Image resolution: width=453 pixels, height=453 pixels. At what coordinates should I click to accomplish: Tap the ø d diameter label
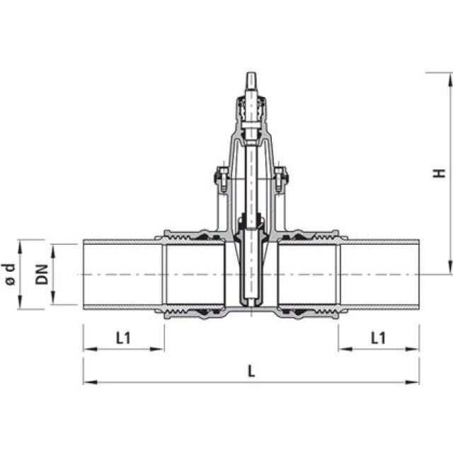click(x=8, y=274)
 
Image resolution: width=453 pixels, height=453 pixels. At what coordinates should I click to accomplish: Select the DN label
click(x=42, y=274)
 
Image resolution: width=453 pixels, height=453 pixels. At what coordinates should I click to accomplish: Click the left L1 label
click(x=123, y=338)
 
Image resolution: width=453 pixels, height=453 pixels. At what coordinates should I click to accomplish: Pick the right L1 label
click(x=379, y=338)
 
